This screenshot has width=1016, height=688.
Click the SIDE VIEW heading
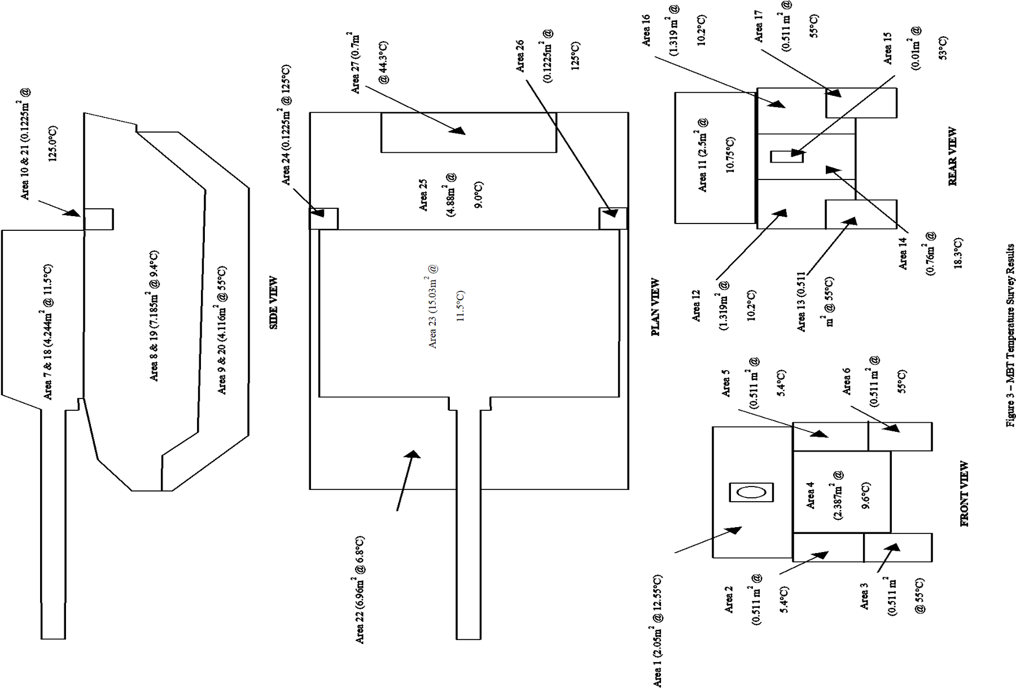273,303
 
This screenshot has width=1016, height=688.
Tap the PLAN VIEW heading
656,307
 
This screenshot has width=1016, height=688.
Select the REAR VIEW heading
952,157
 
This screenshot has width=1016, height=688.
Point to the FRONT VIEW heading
965,494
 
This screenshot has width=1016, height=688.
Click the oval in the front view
751,492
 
